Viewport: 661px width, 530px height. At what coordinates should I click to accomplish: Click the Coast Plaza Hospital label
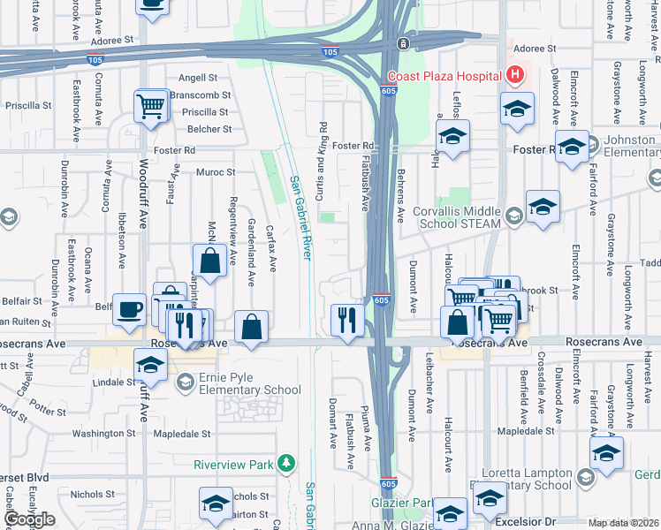pyautogui.click(x=444, y=76)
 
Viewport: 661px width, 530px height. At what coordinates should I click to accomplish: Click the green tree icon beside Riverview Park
pyautogui.click(x=285, y=463)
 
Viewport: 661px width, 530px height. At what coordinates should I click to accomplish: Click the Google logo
pyautogui.click(x=29, y=519)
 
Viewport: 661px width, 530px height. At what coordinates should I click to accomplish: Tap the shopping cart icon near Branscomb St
pyautogui.click(x=150, y=107)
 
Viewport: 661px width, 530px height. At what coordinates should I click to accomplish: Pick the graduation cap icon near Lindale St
pyautogui.click(x=150, y=364)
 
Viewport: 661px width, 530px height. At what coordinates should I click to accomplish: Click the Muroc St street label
pyautogui.click(x=216, y=172)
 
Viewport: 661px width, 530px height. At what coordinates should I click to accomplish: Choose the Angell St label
pyautogui.click(x=198, y=78)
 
